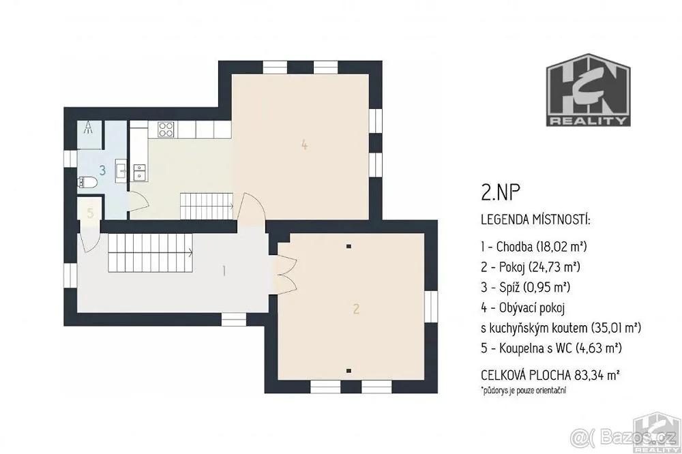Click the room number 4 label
304,145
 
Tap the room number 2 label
356,309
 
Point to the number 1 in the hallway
224,271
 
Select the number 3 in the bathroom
102,170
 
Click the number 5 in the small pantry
90,213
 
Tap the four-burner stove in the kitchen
166,129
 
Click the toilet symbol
87,182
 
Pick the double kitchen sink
140,172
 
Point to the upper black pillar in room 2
349,247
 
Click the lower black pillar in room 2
349,371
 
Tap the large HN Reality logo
588,90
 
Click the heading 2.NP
501,192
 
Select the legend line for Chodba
534,247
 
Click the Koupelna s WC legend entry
551,348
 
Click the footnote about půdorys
524,390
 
